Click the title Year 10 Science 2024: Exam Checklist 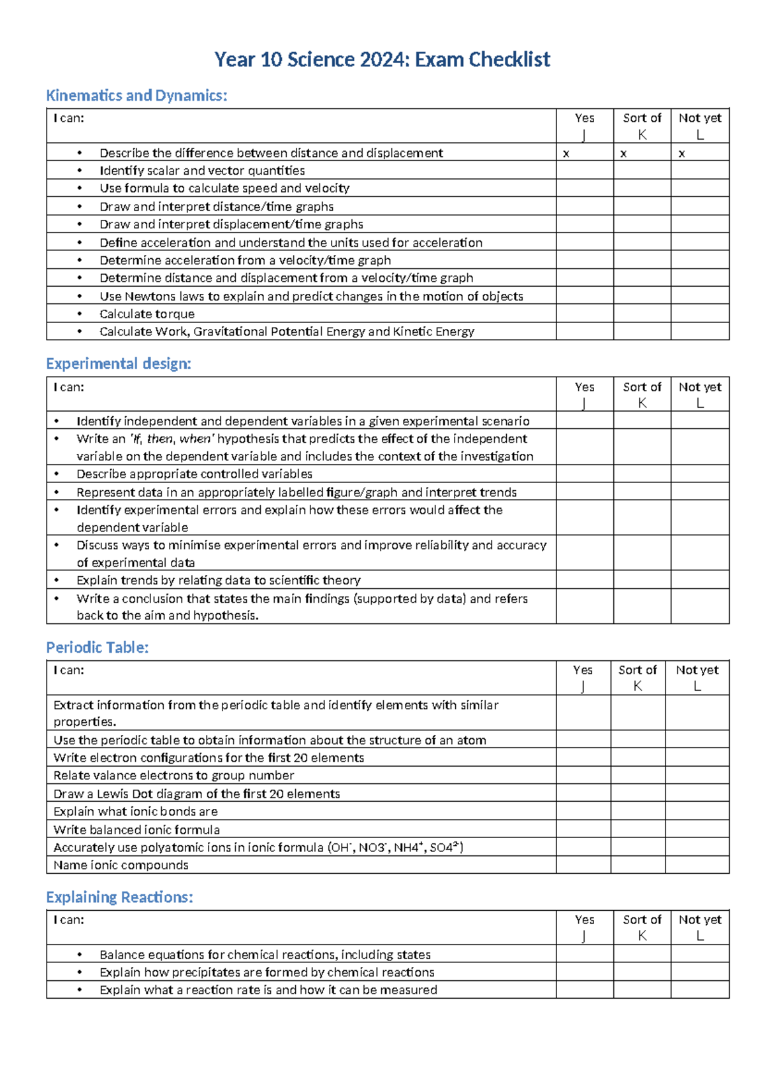point(382,59)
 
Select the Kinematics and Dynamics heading point(136,96)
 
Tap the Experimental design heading point(119,363)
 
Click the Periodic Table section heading point(97,647)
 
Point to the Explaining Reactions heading point(119,897)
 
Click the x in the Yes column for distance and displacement point(566,154)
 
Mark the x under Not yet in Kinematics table point(681,154)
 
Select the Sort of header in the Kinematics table point(642,119)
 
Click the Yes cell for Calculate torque point(585,314)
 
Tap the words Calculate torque point(147,314)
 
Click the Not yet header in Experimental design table point(699,388)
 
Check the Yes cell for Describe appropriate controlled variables point(585,474)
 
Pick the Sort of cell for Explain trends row point(642,580)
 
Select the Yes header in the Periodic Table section point(583,671)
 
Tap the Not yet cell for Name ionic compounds point(697,865)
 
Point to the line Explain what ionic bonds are point(136,811)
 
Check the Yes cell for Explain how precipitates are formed point(585,972)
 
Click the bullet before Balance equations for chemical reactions point(80,955)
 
